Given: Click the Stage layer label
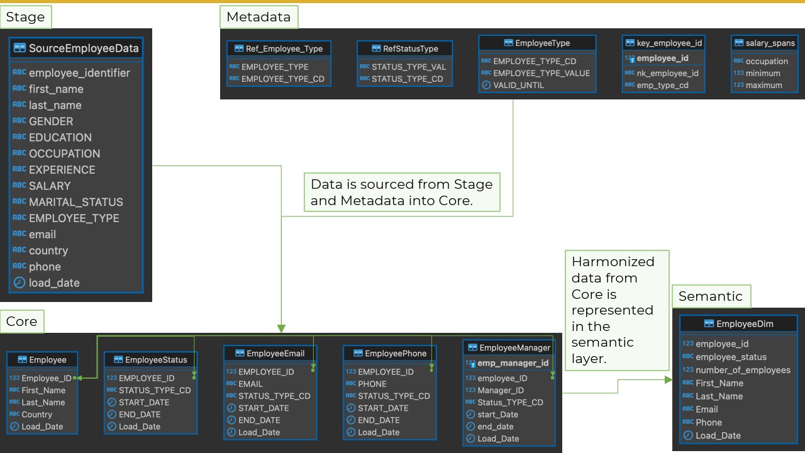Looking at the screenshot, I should [25, 17].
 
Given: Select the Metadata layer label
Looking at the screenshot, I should [258, 17].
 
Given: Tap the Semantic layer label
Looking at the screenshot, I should [710, 296].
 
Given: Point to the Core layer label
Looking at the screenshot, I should [21, 322].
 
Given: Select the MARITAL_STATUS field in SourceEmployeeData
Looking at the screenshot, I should [75, 202].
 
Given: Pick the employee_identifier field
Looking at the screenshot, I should [79, 73].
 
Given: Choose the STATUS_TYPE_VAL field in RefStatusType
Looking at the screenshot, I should [408, 67].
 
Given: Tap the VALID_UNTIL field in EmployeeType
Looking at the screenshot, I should [519, 85].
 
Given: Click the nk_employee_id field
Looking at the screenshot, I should [667, 73].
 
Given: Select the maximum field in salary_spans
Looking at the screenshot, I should [763, 85].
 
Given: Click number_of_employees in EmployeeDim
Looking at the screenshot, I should [743, 370].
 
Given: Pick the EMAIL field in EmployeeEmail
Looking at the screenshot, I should [250, 384].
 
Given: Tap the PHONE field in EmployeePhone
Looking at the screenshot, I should [372, 384].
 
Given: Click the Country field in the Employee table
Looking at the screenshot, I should [36, 415].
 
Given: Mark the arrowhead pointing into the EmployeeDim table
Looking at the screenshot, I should [669, 380].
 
